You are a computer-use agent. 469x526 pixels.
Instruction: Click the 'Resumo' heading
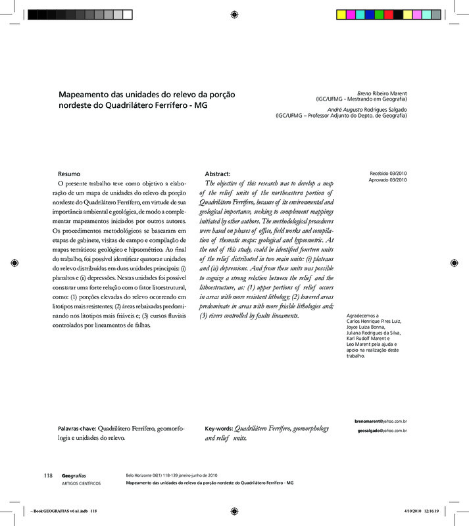69,173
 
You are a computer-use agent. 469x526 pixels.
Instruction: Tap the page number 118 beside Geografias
48,475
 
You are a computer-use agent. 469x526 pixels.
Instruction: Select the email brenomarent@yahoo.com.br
380,420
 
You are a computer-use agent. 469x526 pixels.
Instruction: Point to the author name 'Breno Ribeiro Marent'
381,93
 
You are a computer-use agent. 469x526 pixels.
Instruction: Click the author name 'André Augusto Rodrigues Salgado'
368,108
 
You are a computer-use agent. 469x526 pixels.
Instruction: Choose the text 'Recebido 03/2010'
389,172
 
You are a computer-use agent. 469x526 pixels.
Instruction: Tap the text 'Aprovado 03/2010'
389,180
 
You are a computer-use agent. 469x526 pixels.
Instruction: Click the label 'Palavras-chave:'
76,427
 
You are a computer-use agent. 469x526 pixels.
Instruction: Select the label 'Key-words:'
218,427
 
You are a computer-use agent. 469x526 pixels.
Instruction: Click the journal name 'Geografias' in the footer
74,475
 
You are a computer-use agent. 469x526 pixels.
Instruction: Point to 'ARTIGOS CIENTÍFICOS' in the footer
81,483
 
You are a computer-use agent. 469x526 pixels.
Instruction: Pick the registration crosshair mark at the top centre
234,14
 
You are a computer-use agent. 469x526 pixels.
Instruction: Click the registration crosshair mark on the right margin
453,263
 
